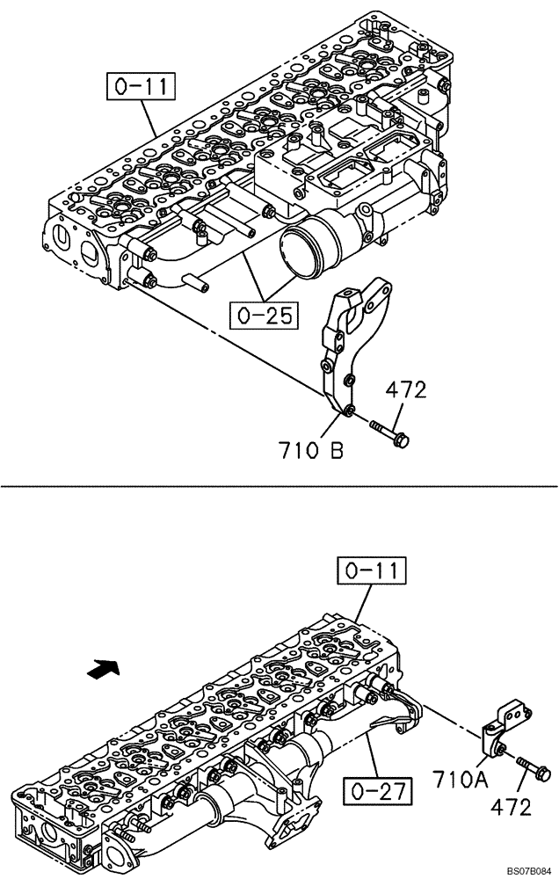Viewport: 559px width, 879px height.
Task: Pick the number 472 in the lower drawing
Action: click(509, 805)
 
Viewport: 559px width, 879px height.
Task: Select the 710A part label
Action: click(460, 779)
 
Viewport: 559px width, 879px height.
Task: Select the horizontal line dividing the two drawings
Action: click(279, 485)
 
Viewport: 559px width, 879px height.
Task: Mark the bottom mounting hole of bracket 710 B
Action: click(350, 411)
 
